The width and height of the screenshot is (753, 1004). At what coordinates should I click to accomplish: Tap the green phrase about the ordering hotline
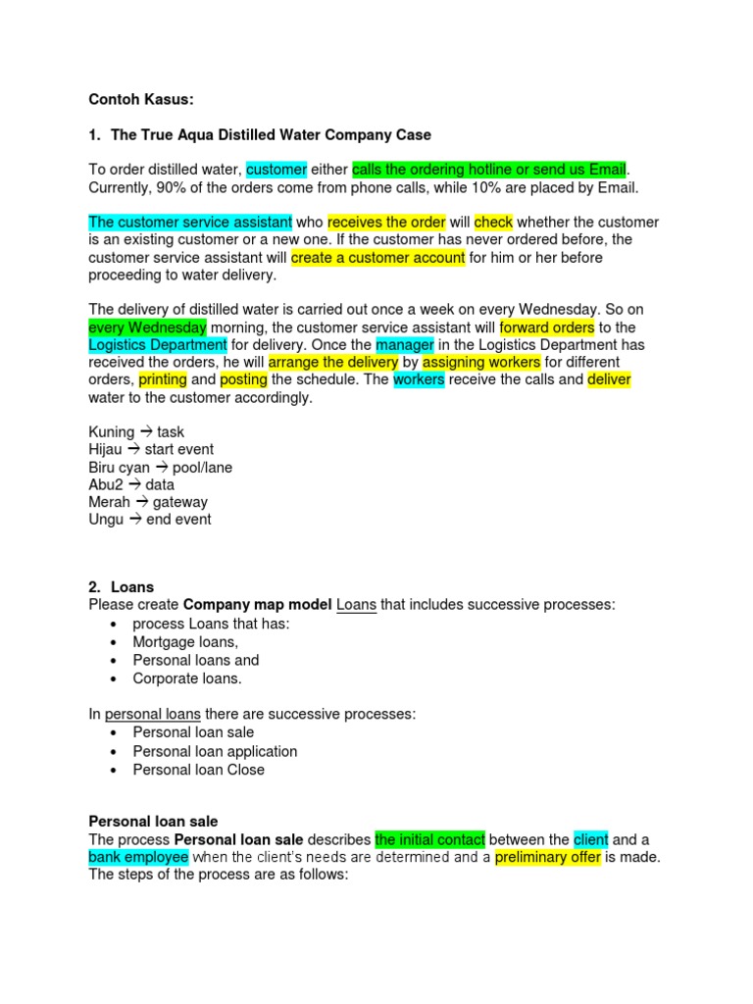[x=488, y=170]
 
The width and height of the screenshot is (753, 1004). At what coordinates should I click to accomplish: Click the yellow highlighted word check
[x=493, y=223]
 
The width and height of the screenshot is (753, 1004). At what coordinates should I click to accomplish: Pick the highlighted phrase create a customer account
[x=376, y=258]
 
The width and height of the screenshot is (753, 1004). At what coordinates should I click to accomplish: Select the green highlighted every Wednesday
[x=147, y=327]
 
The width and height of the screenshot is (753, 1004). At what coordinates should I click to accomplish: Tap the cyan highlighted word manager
[x=403, y=345]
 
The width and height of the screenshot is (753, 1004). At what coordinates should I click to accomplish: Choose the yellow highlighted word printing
[x=162, y=380]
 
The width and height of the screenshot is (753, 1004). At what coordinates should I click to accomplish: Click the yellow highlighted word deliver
[x=609, y=380]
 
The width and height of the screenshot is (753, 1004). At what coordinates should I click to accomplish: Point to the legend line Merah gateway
[x=148, y=502]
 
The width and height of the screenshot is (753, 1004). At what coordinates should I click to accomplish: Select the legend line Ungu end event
[x=149, y=520]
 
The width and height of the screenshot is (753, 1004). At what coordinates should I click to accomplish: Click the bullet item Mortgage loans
[x=185, y=642]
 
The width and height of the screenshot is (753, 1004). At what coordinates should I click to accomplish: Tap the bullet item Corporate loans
[x=186, y=678]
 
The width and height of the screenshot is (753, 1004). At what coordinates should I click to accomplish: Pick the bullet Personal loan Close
[x=198, y=770]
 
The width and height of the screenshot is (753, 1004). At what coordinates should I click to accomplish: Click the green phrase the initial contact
[x=429, y=840]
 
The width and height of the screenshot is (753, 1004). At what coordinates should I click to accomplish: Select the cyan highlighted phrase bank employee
[x=137, y=858]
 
